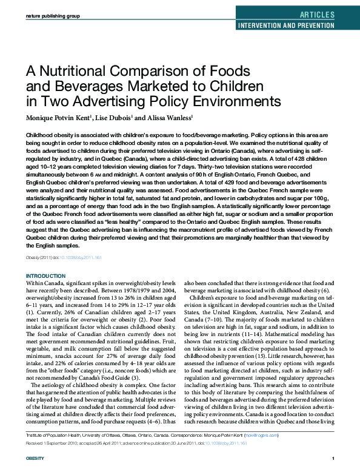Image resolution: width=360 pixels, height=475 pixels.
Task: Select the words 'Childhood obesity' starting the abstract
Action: [49, 133]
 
